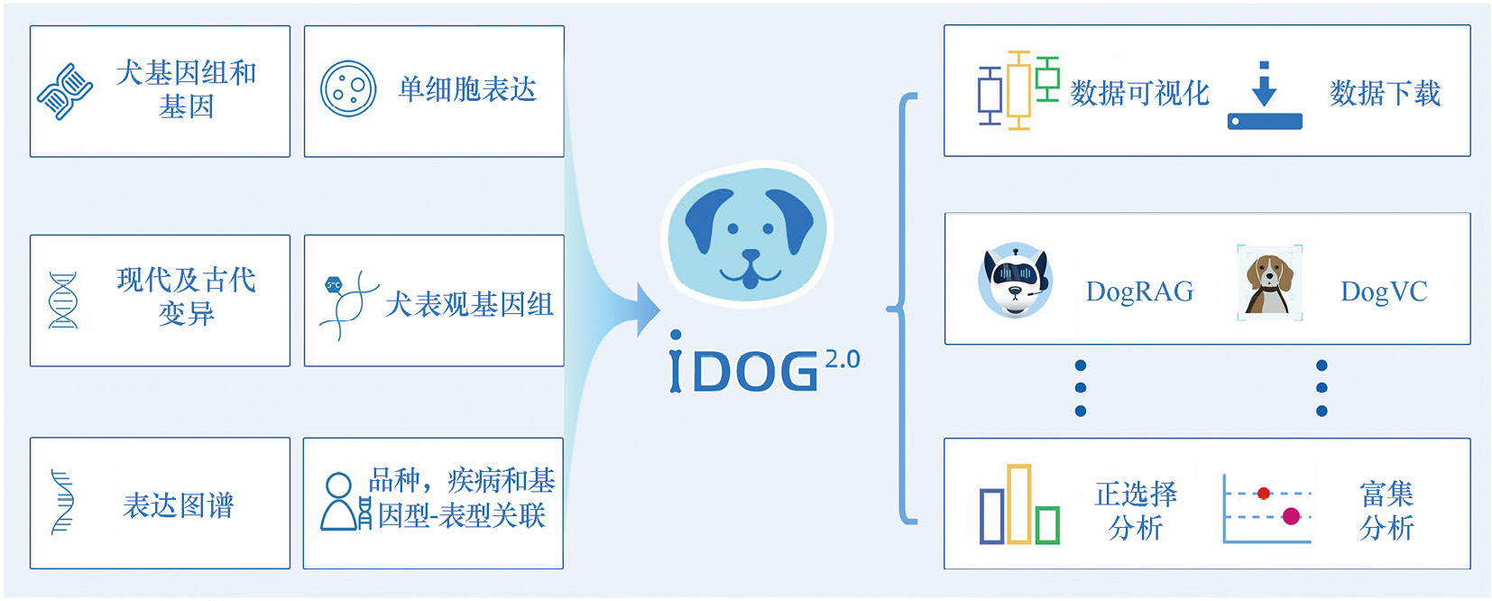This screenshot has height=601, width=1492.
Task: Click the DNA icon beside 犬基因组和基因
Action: pyautogui.click(x=65, y=91)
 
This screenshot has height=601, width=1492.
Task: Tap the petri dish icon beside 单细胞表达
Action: pyautogui.click(x=348, y=88)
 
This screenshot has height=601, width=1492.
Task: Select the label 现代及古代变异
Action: pyautogui.click(x=186, y=296)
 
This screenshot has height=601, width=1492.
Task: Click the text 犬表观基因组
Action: pyautogui.click(x=469, y=304)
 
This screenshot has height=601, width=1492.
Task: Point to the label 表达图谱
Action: pyautogui.click(x=179, y=505)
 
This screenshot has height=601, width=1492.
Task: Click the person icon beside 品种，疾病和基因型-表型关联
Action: pyautogui.click(x=339, y=502)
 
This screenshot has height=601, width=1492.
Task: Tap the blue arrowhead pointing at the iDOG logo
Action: pyautogui.click(x=647, y=310)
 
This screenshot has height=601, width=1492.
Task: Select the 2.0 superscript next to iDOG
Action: pyautogui.click(x=842, y=359)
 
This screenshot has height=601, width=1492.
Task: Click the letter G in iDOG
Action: pyautogui.click(x=797, y=372)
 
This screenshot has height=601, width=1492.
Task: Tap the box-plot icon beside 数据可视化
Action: pyautogui.click(x=1018, y=90)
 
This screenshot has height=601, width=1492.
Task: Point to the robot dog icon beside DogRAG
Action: pyautogui.click(x=1016, y=281)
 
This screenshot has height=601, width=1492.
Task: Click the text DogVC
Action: pyautogui.click(x=1384, y=291)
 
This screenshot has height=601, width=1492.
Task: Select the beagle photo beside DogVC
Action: pyautogui.click(x=1268, y=282)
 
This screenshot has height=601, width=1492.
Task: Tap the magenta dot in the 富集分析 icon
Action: pyautogui.click(x=1291, y=516)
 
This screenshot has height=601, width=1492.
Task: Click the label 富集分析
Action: pyautogui.click(x=1386, y=510)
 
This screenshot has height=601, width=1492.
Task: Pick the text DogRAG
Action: pyautogui.click(x=1139, y=291)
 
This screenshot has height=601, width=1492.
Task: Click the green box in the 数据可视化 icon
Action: pyautogui.click(x=1046, y=80)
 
